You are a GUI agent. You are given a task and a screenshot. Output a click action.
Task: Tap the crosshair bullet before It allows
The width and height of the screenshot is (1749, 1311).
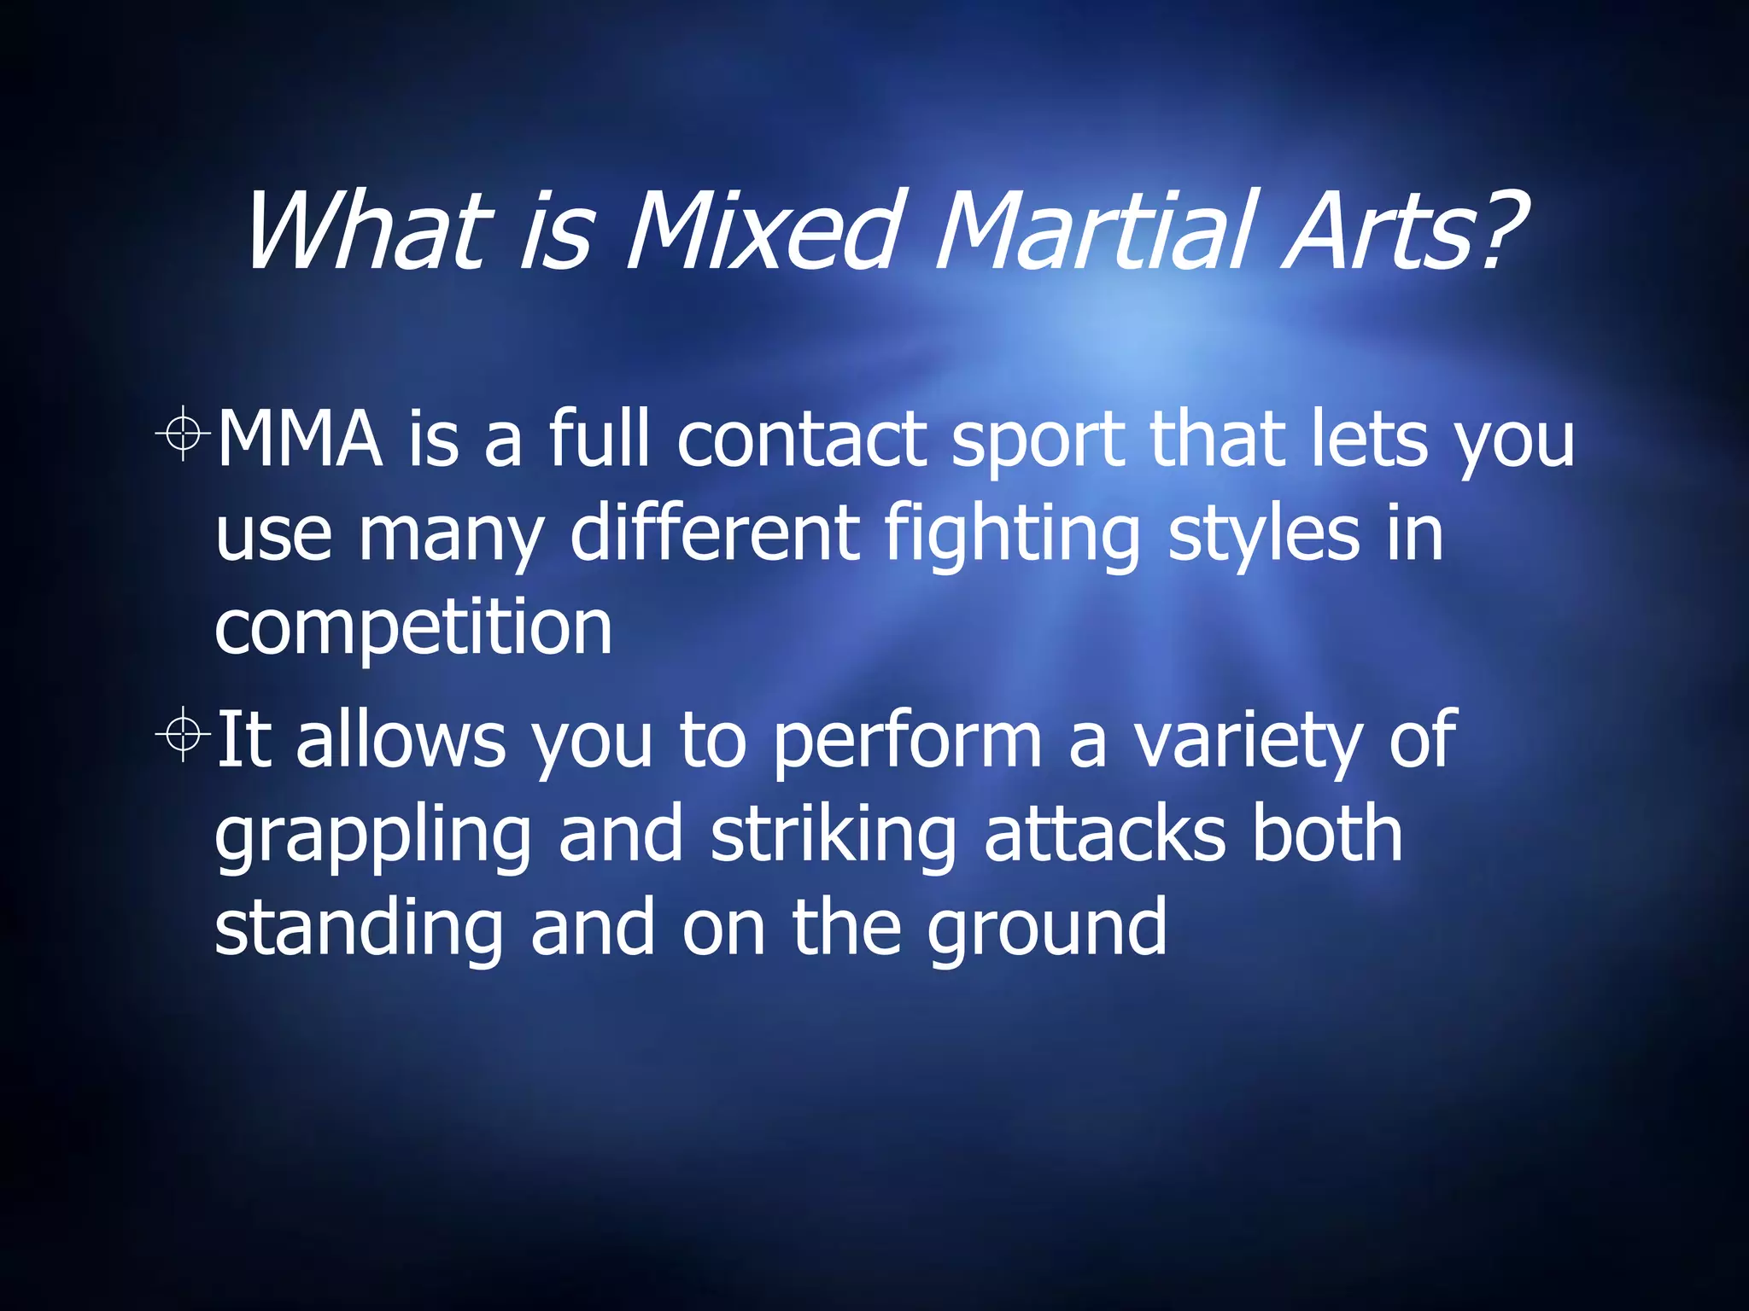point(183,733)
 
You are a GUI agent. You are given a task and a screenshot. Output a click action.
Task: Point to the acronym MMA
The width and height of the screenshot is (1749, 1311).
point(299,440)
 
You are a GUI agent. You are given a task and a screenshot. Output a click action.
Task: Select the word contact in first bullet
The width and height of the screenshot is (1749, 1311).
point(802,440)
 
